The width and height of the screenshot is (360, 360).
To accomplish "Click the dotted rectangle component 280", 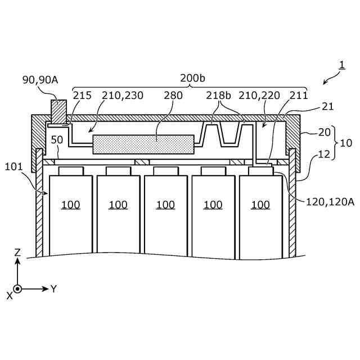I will point(143,144).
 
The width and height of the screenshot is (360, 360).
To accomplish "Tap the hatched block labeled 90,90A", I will point(58,111).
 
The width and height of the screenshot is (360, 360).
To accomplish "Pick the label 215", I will point(82,96).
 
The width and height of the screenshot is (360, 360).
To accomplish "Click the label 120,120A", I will point(330,201).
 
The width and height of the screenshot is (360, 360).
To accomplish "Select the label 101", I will point(14,167).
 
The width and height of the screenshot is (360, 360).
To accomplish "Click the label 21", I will point(327,106).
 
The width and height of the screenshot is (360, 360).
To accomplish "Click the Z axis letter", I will point(17,253).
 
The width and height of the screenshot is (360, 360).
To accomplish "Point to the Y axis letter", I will point(54,289).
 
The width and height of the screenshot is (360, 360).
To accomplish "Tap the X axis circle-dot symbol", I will point(17,289).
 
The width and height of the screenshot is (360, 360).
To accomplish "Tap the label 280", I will point(173,96).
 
